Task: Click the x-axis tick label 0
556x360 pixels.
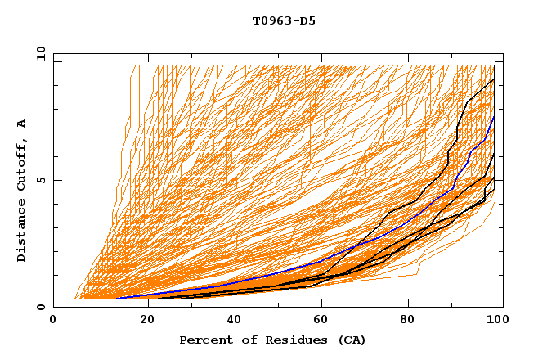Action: [x=54, y=322]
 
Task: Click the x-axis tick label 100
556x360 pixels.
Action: [x=496, y=322]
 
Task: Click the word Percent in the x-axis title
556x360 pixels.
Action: [x=203, y=340]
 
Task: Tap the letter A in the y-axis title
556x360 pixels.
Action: [x=21, y=123]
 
